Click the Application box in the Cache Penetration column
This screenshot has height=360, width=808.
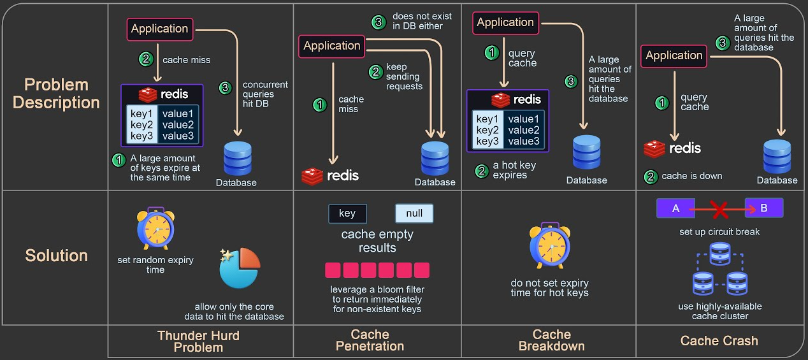(331, 46)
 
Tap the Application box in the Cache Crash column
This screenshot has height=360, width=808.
(674, 55)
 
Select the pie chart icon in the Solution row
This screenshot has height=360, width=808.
(239, 268)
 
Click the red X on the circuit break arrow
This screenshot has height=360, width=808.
(719, 208)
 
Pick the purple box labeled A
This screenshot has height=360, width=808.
(675, 208)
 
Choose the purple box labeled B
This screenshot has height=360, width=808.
(764, 208)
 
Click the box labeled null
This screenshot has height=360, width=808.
(414, 213)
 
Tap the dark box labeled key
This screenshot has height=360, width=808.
(347, 213)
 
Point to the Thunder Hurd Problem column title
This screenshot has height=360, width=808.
(199, 341)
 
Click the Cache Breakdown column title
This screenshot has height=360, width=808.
(552, 340)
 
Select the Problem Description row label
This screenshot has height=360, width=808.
(56, 94)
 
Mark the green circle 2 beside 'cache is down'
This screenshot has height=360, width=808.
(651, 176)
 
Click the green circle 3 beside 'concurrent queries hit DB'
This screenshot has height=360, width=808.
(225, 89)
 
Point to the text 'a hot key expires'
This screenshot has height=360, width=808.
(514, 170)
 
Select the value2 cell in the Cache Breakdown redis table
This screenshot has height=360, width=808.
(524, 130)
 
